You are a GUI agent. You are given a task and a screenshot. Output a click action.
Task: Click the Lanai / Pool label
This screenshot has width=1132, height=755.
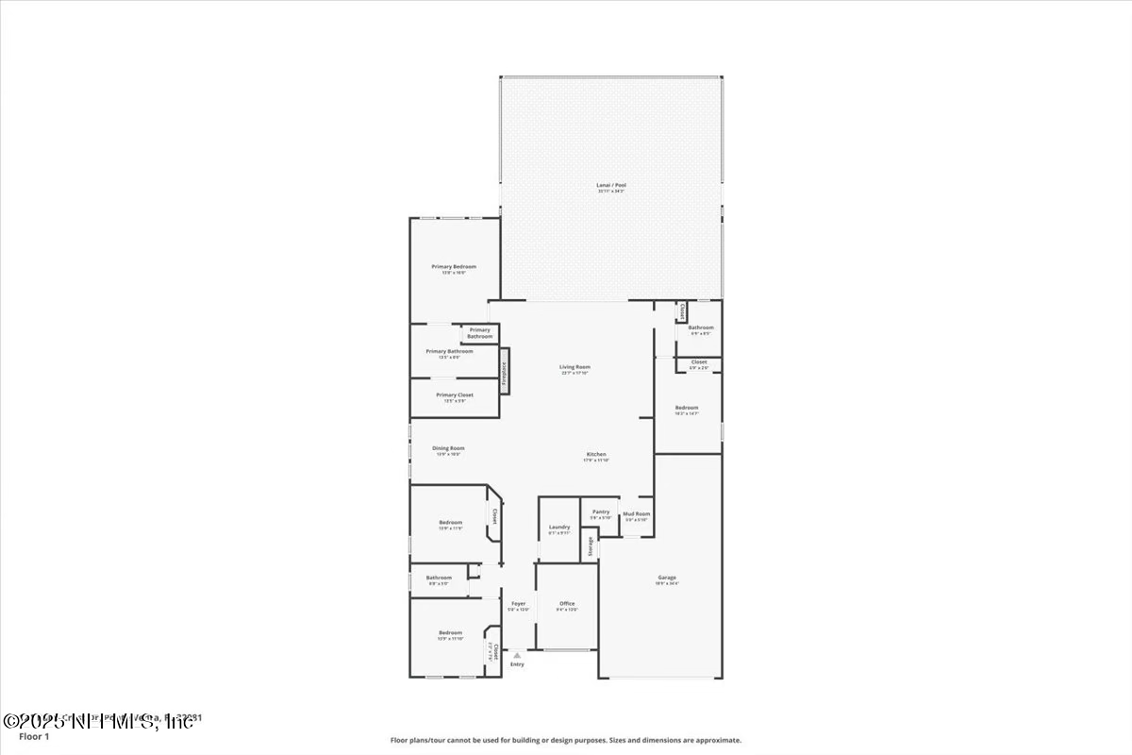(x=610, y=185)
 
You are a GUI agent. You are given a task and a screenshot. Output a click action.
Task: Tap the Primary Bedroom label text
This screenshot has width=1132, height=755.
(x=454, y=267)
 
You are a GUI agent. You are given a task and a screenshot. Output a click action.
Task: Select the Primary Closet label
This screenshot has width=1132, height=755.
(x=454, y=395)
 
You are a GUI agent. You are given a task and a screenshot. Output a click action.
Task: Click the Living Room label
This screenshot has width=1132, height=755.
(x=574, y=367)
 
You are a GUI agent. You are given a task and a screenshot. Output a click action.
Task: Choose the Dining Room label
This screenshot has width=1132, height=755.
(x=448, y=448)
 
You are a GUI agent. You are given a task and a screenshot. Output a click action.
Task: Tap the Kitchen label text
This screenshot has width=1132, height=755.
(x=596, y=454)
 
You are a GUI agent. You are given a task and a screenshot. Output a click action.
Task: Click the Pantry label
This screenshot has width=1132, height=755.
(x=601, y=512)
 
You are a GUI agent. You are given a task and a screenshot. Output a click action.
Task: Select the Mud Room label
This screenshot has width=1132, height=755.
(x=636, y=513)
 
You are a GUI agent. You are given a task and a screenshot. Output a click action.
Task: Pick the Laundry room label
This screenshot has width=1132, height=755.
(x=558, y=527)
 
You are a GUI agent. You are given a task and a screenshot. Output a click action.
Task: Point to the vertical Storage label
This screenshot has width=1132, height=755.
(x=591, y=545)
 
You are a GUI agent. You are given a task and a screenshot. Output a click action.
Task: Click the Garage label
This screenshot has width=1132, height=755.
(x=667, y=578)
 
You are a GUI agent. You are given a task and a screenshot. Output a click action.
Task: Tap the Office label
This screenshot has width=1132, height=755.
(x=566, y=603)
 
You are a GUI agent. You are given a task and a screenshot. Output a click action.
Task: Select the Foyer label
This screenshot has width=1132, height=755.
(x=518, y=603)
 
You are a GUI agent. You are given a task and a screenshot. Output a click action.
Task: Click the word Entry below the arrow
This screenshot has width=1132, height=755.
(x=517, y=664)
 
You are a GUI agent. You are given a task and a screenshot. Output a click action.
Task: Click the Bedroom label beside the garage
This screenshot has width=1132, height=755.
(x=686, y=407)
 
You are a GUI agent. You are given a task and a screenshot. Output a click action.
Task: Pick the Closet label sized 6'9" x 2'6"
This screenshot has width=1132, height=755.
(x=699, y=361)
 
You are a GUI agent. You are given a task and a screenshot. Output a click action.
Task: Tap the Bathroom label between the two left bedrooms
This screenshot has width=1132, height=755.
(x=439, y=578)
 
